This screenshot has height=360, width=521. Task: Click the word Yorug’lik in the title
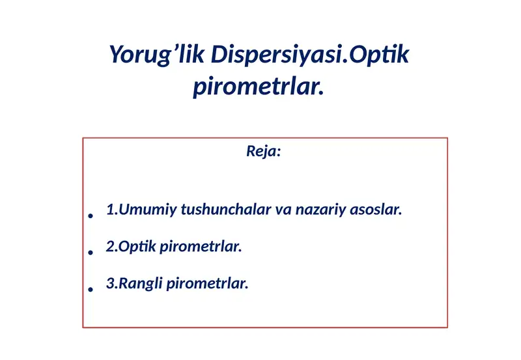point(157,55)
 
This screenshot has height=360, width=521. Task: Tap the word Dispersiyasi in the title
point(275,55)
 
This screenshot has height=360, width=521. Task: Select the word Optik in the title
point(378,55)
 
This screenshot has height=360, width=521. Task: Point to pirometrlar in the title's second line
point(258,87)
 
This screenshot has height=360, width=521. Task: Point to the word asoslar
point(376,210)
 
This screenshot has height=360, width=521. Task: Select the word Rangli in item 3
point(141,284)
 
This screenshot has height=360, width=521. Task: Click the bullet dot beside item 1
point(91,215)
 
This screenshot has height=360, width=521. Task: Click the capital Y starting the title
point(116,54)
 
